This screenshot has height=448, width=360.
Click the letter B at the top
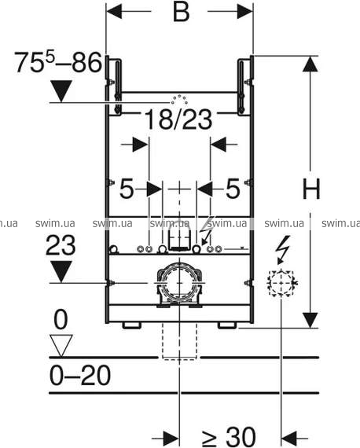[181, 12]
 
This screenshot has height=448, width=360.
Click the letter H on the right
[311, 189]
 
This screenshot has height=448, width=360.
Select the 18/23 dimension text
[178, 119]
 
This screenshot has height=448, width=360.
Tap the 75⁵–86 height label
[58, 62]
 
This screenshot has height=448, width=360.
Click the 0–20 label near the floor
[80, 375]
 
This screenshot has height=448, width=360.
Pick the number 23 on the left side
[61, 245]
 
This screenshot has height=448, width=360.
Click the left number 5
[127, 189]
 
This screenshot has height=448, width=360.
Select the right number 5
[233, 189]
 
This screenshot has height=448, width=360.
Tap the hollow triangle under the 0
[61, 346]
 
